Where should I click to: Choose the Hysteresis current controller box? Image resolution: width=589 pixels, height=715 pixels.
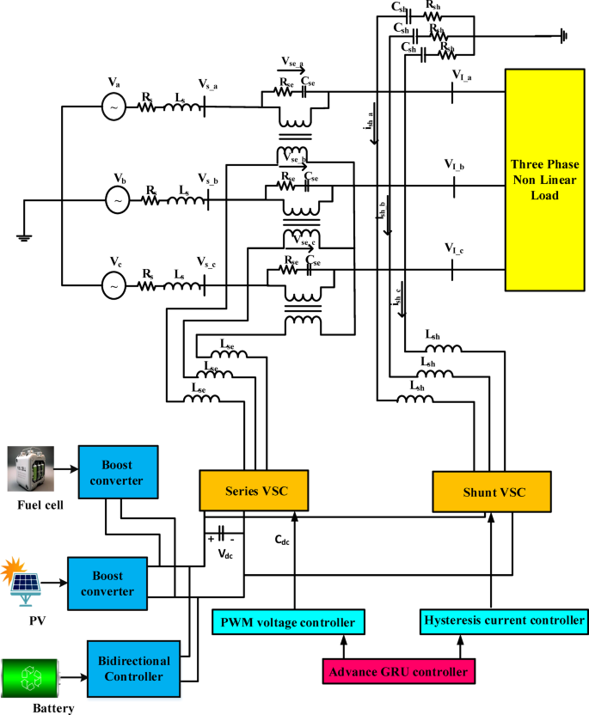(x=504, y=620)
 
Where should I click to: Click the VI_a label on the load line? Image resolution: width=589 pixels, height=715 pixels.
(x=463, y=76)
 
